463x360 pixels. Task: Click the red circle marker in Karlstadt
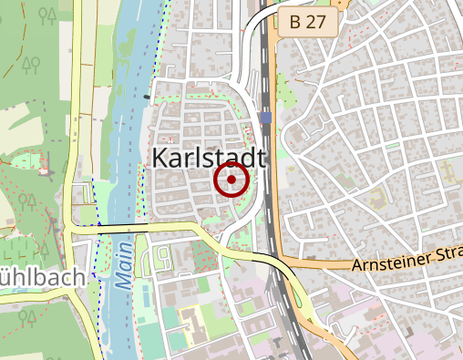[232, 180]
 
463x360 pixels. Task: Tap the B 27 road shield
[308, 23]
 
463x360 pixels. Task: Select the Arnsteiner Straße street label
[406, 263]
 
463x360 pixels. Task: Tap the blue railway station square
[264, 118]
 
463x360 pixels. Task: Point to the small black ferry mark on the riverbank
[147, 95]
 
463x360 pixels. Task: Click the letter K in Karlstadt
[156, 158]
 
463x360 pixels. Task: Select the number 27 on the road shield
[318, 23]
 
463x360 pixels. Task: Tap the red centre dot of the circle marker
[232, 180]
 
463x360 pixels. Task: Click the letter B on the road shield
[294, 23]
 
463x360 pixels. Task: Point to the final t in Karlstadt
[261, 158]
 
